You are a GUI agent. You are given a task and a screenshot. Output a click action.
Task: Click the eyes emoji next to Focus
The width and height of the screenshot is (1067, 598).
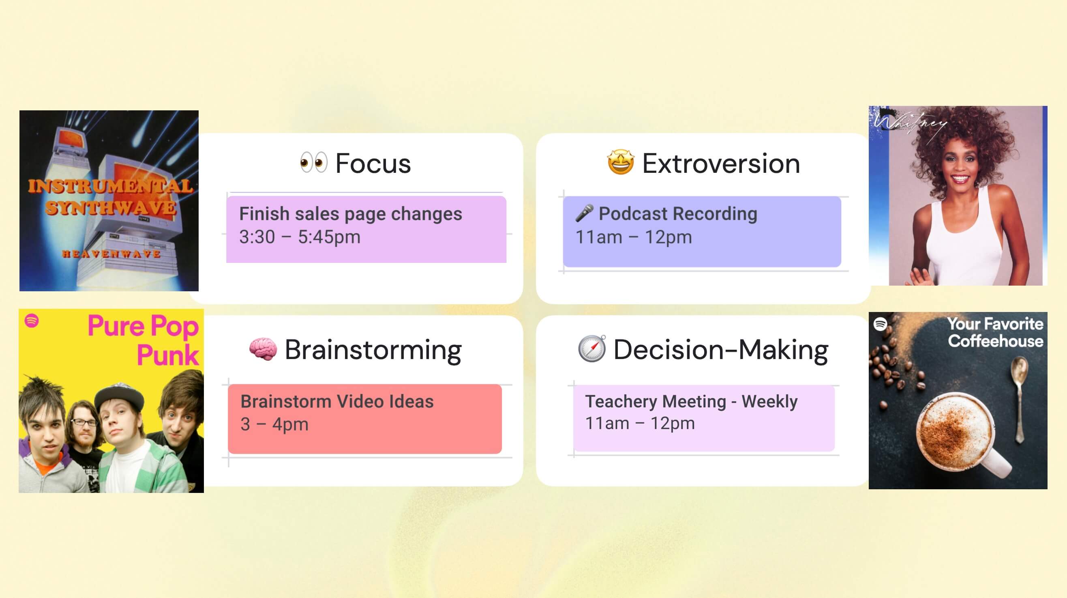coord(313,162)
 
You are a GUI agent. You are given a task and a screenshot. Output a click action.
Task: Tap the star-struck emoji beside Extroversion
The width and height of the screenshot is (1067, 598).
coord(620,162)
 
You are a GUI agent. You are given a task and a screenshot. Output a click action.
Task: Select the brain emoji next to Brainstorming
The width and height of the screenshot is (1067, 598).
coord(263,349)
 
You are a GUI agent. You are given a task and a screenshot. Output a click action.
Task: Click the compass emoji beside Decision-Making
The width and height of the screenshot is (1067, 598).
coord(591,348)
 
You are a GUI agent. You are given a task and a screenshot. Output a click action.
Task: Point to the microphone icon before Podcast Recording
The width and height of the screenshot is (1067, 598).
coord(584,213)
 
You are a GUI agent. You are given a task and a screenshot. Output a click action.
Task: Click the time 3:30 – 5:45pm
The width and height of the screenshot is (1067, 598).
coord(300,237)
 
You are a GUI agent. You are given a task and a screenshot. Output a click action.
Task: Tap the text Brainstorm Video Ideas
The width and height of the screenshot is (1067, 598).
coord(337,401)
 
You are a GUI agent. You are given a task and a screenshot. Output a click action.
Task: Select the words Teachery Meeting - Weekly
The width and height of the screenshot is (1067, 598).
coord(691,401)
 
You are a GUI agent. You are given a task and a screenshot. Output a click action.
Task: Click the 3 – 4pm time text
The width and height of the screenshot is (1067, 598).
coord(274,424)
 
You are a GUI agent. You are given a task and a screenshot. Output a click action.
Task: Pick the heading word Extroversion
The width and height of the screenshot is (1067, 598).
coord(721,163)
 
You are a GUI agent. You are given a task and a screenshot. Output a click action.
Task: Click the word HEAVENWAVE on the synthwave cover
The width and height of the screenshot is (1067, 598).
coord(111,254)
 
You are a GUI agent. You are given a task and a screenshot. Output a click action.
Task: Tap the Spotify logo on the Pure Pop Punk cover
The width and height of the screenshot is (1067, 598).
coord(32,321)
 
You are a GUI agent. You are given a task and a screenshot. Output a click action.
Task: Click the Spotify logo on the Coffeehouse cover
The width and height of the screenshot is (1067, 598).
coord(880,324)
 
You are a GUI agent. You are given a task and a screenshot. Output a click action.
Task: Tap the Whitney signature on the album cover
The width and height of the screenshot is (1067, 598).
coord(909,123)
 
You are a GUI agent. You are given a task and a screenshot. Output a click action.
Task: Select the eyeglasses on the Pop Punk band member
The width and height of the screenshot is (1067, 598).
coord(84,422)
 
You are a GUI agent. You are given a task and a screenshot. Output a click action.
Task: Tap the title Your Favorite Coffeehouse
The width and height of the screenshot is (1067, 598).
coord(995,332)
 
